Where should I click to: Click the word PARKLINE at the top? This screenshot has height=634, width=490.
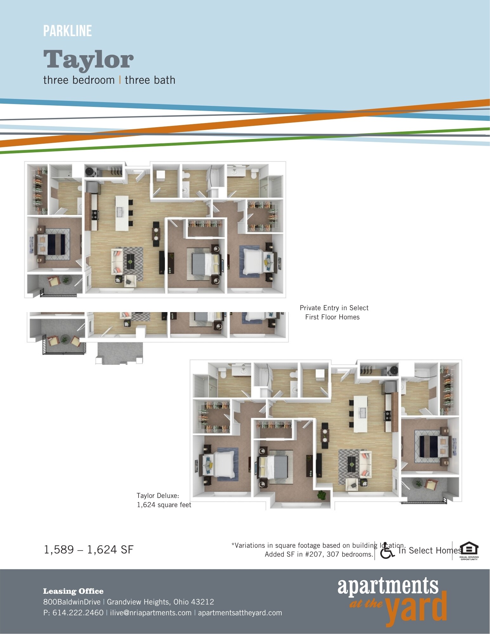68,31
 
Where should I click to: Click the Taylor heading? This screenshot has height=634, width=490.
88,59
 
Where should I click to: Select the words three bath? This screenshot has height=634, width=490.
150,80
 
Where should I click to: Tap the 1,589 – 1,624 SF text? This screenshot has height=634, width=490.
88,550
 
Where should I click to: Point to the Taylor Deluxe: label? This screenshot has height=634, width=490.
158,495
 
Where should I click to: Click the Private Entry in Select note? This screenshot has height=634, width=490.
334,308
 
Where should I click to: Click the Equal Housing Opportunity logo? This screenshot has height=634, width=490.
469,551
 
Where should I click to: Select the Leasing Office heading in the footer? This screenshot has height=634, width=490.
73,591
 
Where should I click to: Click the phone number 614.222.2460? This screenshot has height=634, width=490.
78,612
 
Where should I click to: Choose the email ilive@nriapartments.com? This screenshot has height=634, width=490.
151,612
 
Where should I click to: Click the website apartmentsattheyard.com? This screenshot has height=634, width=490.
240,612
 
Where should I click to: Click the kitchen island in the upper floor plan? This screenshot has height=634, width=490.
122,213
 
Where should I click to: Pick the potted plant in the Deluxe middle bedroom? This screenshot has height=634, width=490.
322,495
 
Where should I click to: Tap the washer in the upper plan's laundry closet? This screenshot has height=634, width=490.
91,172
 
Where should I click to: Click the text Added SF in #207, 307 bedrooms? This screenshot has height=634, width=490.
319,554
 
